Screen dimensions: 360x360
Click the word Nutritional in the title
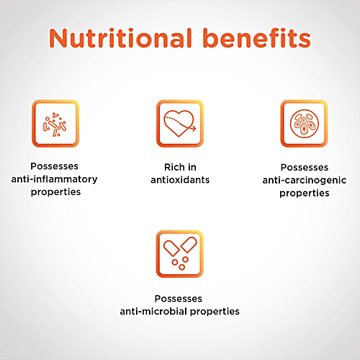point(120,38)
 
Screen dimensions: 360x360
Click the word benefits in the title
point(257,38)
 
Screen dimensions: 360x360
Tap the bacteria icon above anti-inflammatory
point(55,124)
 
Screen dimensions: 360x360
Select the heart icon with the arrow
point(180,124)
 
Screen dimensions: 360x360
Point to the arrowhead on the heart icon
point(194,128)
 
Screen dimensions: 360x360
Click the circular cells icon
point(304,124)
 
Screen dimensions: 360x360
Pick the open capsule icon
point(180,254)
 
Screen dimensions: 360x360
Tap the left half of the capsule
point(171,248)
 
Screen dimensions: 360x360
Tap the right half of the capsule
point(189,245)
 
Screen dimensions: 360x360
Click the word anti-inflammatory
point(54,179)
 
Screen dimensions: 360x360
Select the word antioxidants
point(180,180)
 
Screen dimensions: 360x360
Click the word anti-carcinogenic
point(305,180)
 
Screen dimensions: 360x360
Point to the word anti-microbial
point(154,311)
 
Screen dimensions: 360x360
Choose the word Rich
point(174,167)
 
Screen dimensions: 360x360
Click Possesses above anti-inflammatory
point(55,166)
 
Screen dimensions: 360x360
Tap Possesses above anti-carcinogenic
point(305,167)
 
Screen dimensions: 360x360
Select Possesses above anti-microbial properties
point(179,299)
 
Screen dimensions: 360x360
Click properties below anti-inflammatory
point(55,192)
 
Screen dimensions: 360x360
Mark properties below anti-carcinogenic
point(305,193)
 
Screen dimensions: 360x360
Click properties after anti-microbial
point(215,312)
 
